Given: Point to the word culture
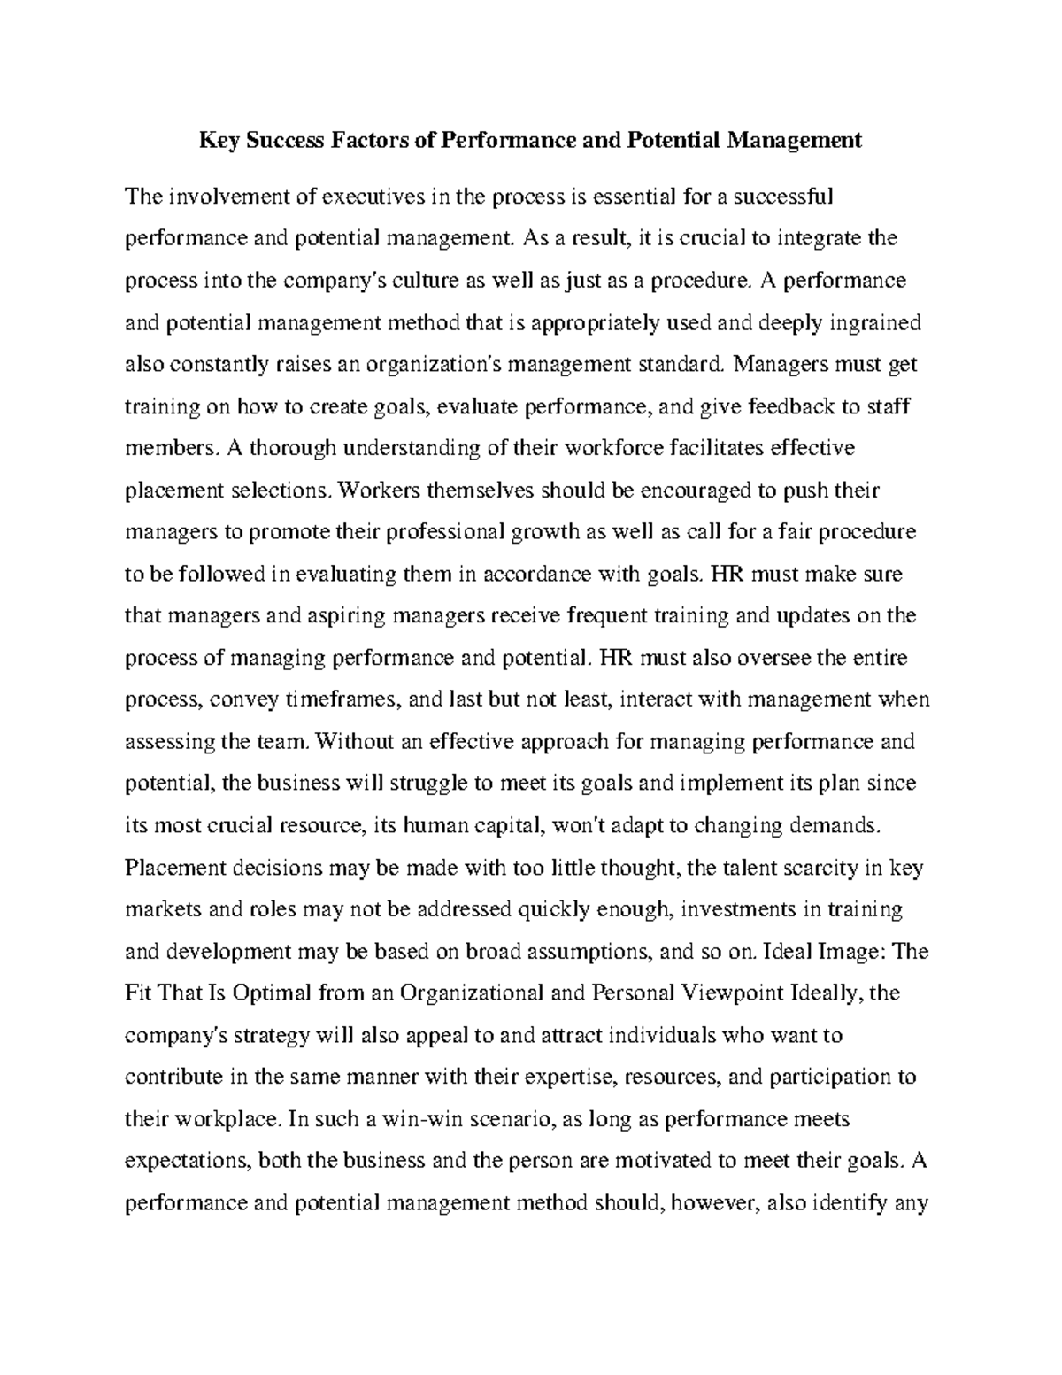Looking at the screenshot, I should [427, 281].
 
